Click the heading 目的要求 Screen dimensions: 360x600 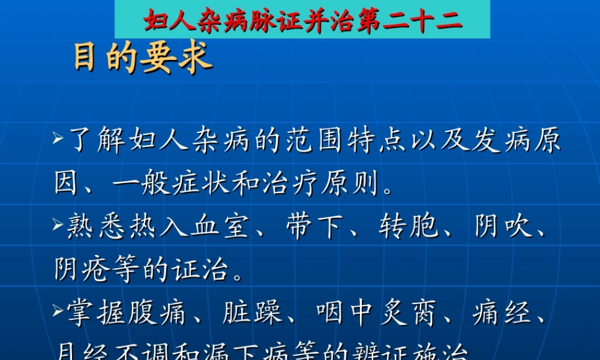[143, 59]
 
